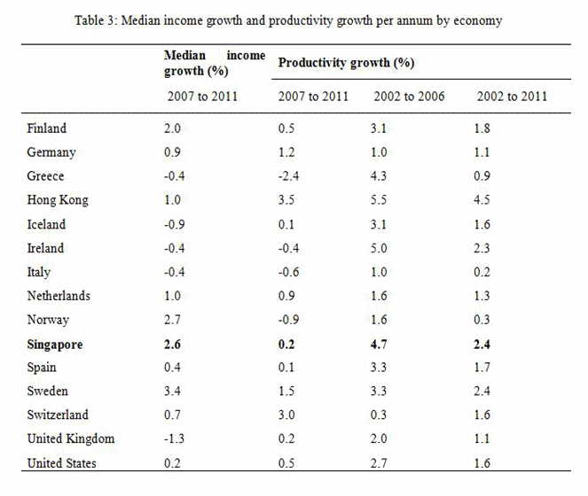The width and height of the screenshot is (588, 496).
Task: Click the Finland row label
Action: pyautogui.click(x=47, y=128)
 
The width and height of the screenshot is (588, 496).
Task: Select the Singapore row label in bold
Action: pyautogui.click(x=55, y=345)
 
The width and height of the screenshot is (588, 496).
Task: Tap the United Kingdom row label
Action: pyautogui.click(x=71, y=439)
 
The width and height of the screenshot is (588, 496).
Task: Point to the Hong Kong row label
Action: pyautogui.click(x=58, y=200)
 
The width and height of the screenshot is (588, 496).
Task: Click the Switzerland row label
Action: pyautogui.click(x=59, y=415)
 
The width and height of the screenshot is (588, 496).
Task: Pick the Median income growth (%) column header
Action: pyautogui.click(x=215, y=63)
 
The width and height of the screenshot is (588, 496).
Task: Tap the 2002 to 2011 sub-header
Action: pyautogui.click(x=512, y=96)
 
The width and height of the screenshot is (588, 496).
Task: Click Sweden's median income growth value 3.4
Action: pyautogui.click(x=174, y=391)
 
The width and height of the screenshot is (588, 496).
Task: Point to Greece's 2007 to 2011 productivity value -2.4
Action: pyautogui.click(x=291, y=176)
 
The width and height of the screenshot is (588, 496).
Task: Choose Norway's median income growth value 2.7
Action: pyautogui.click(x=174, y=320)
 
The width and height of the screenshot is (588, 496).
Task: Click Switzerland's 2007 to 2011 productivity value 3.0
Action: pyautogui.click(x=288, y=415)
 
